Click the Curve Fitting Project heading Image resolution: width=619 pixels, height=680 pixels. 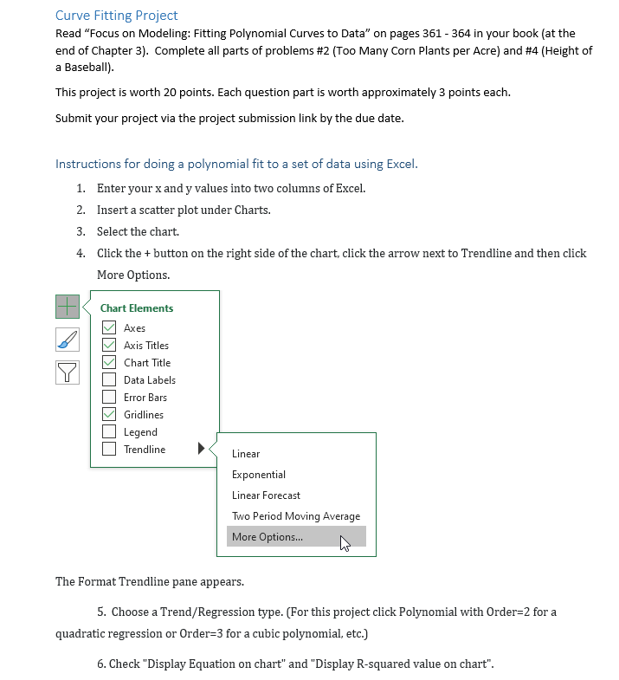tap(116, 16)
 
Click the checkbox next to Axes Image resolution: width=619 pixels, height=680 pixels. tap(109, 327)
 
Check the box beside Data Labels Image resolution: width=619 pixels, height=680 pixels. tap(109, 379)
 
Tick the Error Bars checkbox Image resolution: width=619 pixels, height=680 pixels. tap(109, 397)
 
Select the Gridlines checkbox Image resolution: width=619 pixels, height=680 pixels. tap(109, 414)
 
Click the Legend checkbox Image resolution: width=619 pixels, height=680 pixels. tap(109, 431)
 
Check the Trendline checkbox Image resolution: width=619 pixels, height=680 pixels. tap(109, 449)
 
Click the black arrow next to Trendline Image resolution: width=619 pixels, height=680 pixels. tap(202, 449)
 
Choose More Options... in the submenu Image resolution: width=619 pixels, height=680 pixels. tap(268, 537)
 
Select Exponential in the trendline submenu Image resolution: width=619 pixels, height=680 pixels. tap(258, 475)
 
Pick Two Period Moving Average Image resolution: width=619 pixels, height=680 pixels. tap(295, 516)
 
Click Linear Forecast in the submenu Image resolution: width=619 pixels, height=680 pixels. tap(266, 495)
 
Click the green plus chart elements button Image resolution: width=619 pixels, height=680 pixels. tap(68, 306)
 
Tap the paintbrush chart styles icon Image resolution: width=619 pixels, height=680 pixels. tap(68, 339)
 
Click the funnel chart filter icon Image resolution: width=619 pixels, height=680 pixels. tap(68, 372)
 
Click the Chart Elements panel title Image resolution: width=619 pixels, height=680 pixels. tap(137, 308)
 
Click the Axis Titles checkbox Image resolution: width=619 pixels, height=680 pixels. tap(109, 345)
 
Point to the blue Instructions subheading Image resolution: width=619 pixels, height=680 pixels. tap(236, 164)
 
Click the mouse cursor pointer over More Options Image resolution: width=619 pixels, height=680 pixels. tap(345, 543)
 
